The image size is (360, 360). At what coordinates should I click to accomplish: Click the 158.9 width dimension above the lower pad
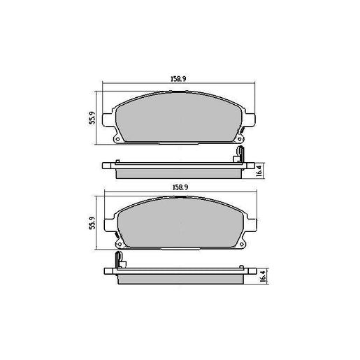tap(180, 187)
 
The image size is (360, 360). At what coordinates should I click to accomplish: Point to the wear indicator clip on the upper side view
tap(239, 154)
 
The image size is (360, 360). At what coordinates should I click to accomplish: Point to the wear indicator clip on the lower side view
tap(120, 262)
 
